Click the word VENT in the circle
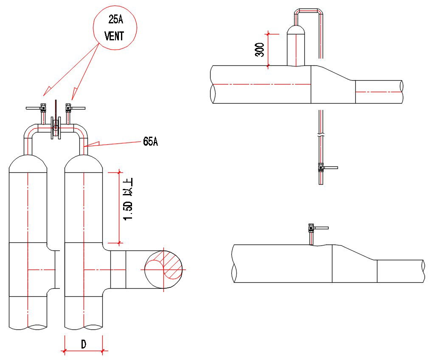115,36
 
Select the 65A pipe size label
150,142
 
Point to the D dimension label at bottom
84,344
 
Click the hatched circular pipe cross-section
164,269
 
